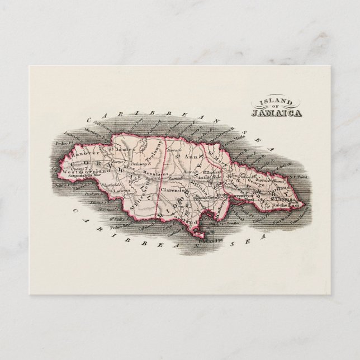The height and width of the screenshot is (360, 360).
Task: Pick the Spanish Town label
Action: [x=207, y=198]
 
